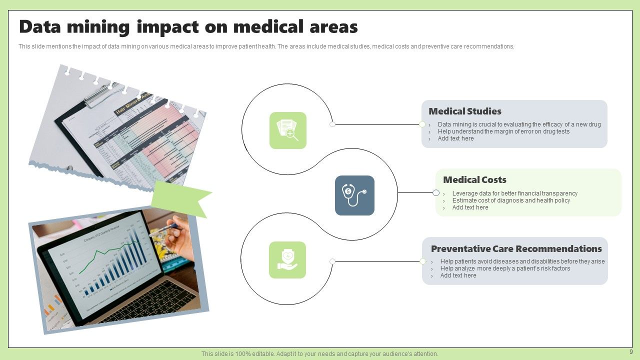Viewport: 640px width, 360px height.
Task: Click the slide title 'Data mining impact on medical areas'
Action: (x=188, y=27)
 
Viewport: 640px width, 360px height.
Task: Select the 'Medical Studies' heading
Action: (x=464, y=111)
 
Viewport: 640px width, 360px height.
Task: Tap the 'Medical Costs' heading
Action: (x=474, y=180)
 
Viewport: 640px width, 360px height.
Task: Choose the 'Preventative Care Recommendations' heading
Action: (x=516, y=249)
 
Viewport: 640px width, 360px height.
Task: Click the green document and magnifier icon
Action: (x=287, y=130)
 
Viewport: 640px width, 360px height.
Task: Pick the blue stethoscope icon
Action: (x=354, y=195)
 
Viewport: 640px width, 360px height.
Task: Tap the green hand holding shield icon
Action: (x=287, y=260)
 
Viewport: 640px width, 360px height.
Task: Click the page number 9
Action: (x=630, y=352)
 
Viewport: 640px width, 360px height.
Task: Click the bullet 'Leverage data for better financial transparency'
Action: (x=514, y=193)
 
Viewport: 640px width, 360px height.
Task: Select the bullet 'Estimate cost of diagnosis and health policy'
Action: (x=511, y=200)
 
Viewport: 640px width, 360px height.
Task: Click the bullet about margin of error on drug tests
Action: (x=503, y=131)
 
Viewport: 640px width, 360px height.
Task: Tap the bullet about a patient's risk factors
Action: (x=505, y=268)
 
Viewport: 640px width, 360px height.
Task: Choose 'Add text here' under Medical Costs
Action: (x=470, y=207)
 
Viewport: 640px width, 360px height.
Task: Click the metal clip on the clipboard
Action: (x=102, y=95)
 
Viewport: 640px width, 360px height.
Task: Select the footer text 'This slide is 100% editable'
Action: (x=319, y=354)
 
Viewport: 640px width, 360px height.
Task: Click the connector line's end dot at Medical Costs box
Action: (x=436, y=193)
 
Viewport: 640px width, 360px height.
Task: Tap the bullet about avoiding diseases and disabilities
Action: (x=522, y=261)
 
